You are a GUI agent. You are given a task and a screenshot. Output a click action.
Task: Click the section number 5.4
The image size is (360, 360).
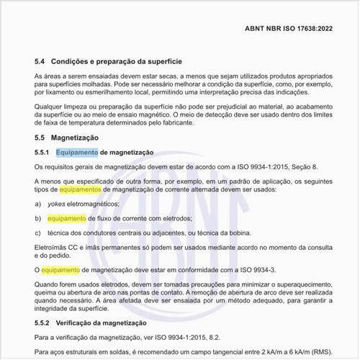coord(40,61)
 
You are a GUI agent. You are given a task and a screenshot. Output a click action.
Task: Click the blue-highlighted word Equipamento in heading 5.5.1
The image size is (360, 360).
coord(76,152)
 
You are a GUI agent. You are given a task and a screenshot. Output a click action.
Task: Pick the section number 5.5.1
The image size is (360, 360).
coord(42,152)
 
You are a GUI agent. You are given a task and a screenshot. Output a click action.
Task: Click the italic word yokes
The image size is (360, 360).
coord(56,204)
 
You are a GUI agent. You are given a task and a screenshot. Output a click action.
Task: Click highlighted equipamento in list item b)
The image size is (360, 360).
coord(67,218)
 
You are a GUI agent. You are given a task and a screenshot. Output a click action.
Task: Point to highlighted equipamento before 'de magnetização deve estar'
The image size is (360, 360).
coord(61,269)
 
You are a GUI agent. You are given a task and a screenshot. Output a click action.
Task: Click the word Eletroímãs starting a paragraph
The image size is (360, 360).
coord(51,247)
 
